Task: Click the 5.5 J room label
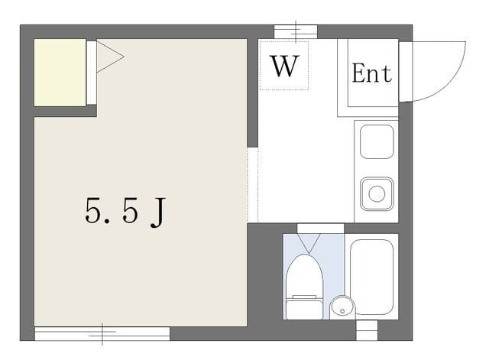(x=125, y=212)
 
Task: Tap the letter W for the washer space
(x=284, y=66)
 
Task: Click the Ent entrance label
(x=372, y=73)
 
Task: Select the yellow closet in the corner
(x=60, y=73)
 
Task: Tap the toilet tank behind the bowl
(x=304, y=308)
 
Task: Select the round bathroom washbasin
(x=342, y=307)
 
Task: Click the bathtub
(x=371, y=277)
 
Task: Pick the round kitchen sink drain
(x=377, y=193)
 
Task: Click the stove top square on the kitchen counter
(x=377, y=141)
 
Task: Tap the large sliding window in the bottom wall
(x=102, y=333)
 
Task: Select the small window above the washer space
(x=296, y=32)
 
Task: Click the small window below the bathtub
(x=367, y=330)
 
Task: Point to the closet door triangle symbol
(x=110, y=57)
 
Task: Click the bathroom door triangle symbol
(x=309, y=243)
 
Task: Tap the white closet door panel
(x=92, y=73)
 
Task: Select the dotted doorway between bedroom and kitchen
(x=253, y=185)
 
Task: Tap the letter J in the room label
(x=158, y=212)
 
